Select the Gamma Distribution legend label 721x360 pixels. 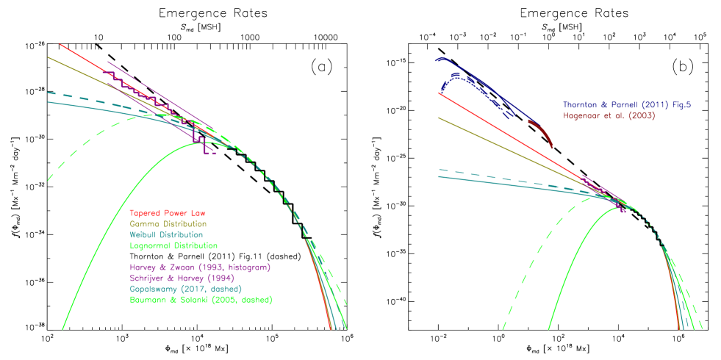coord(168,223)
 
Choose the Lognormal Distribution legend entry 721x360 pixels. coord(173,245)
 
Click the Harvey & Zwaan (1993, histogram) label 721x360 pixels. coord(201,267)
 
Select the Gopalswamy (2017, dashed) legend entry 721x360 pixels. coord(185,289)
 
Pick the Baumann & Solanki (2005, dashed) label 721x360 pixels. coord(201,300)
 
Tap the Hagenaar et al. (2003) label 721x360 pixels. coord(609,116)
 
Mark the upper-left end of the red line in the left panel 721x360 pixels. coord(60,43)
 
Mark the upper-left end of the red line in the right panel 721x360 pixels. coord(438,93)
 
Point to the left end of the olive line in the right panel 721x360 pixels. coord(438,117)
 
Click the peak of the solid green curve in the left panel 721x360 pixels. coord(202,143)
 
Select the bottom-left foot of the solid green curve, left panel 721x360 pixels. coord(63,328)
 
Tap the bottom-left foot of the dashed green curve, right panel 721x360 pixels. coord(503,328)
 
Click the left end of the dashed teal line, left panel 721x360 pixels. coord(48,93)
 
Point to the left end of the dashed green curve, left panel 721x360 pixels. coord(48,179)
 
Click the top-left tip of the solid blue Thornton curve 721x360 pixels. coord(437,60)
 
